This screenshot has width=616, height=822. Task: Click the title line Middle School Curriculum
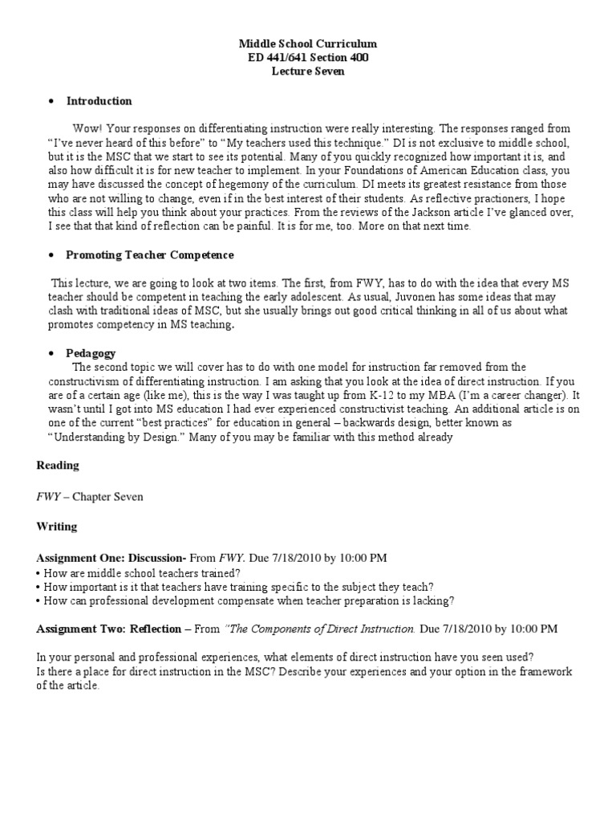[309, 43]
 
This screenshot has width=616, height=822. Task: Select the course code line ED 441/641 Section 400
[309, 57]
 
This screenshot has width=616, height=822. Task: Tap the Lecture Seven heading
[309, 71]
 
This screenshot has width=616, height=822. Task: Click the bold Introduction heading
[99, 101]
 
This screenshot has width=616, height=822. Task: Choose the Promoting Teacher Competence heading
[150, 254]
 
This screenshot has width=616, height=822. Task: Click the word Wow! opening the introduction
[87, 128]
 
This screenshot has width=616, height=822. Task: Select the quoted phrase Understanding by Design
[109, 437]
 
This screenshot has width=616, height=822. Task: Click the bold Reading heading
[58, 466]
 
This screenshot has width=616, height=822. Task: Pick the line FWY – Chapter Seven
[90, 496]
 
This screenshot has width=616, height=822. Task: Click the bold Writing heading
[57, 527]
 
